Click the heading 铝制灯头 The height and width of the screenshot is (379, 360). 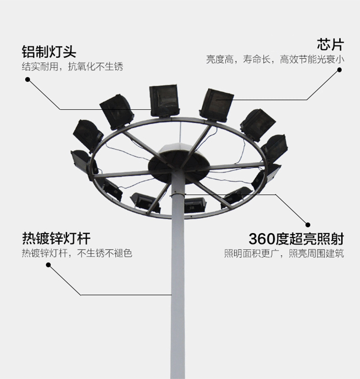pyautogui.click(x=49, y=51)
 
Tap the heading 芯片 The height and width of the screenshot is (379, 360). pyautogui.click(x=330, y=44)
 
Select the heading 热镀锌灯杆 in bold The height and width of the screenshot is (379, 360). pyautogui.click(x=56, y=239)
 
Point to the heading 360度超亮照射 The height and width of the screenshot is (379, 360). pyautogui.click(x=296, y=239)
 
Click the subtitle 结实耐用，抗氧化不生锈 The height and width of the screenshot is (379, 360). pyautogui.click(x=72, y=67)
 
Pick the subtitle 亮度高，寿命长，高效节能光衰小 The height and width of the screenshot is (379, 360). pyautogui.click(x=275, y=60)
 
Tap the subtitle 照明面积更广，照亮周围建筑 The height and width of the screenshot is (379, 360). pyautogui.click(x=284, y=253)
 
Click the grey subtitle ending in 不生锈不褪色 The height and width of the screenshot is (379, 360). pyautogui.click(x=77, y=253)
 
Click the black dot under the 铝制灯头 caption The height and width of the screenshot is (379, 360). pyautogui.click(x=28, y=80)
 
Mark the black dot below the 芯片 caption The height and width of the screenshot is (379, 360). pyautogui.click(x=340, y=70)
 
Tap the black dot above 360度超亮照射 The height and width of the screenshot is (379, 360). pyautogui.click(x=308, y=225)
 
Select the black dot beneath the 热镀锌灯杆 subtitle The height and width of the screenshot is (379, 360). pyautogui.click(x=48, y=265)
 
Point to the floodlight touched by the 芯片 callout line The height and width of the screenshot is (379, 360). pyautogui.click(x=216, y=105)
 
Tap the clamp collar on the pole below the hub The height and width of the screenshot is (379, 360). pyautogui.click(x=178, y=194)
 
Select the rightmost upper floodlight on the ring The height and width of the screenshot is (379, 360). pyautogui.click(x=275, y=148)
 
